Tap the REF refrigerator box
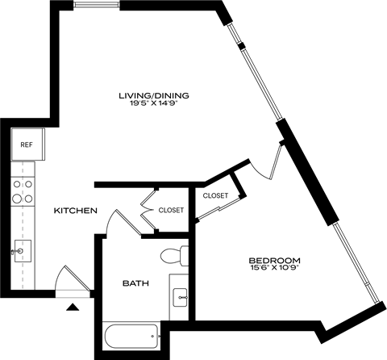(x=26, y=146)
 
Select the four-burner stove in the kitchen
(x=22, y=190)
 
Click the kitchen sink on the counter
(x=22, y=251)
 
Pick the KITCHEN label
(x=75, y=211)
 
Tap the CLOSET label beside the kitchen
(x=171, y=210)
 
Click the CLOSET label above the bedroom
(x=215, y=195)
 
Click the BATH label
(x=134, y=283)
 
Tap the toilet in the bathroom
(x=174, y=257)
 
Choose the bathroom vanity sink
(x=181, y=295)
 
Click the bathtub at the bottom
(x=130, y=336)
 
